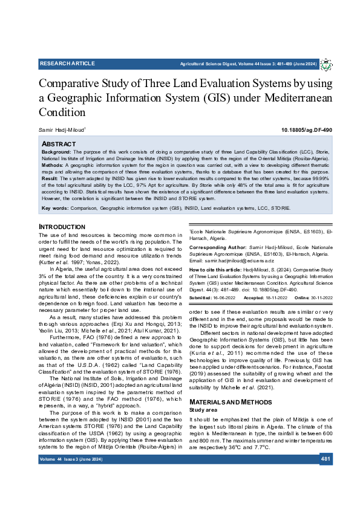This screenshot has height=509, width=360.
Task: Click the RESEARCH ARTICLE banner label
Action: click(62, 63)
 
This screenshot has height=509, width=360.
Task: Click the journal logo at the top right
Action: click(326, 64)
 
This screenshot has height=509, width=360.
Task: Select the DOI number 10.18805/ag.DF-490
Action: click(307, 130)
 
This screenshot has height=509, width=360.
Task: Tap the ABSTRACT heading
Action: click(58, 144)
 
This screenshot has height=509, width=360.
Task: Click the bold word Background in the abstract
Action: click(56, 151)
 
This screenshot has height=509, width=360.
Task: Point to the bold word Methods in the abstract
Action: click(53, 164)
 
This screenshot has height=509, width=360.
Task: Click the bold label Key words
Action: click(55, 208)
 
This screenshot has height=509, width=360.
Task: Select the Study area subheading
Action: click(203, 393)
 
